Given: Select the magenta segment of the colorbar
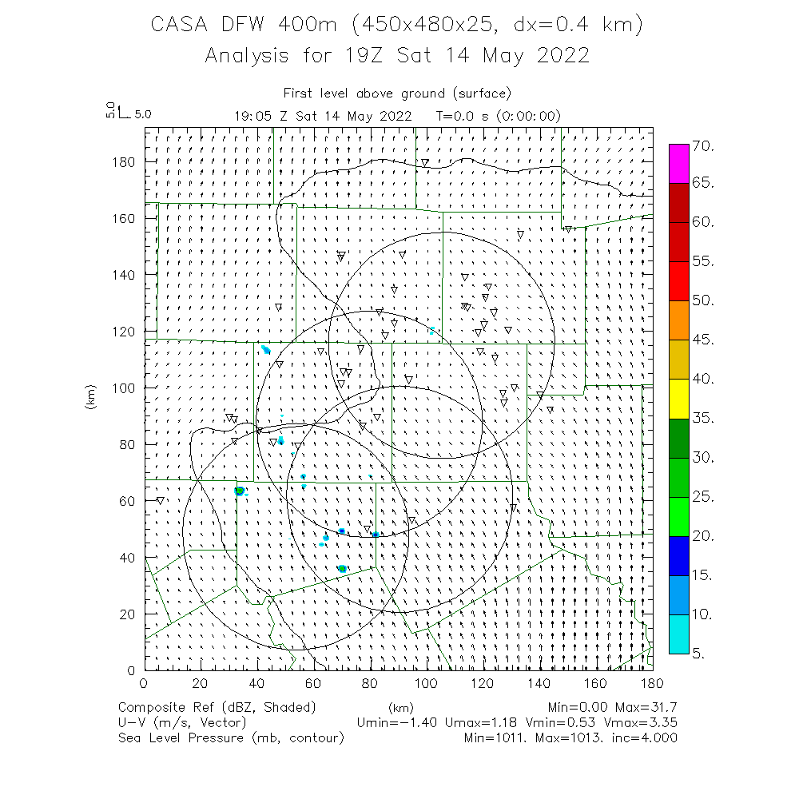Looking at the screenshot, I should (678, 164).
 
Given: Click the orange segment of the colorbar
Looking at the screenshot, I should (678, 320).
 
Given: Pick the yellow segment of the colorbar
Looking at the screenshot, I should (678, 399).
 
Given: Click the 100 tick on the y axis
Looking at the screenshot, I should (124, 388).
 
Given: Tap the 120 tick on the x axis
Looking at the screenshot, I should (483, 683).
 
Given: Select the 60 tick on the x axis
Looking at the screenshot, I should (314, 683).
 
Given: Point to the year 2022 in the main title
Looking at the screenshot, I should (562, 56).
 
